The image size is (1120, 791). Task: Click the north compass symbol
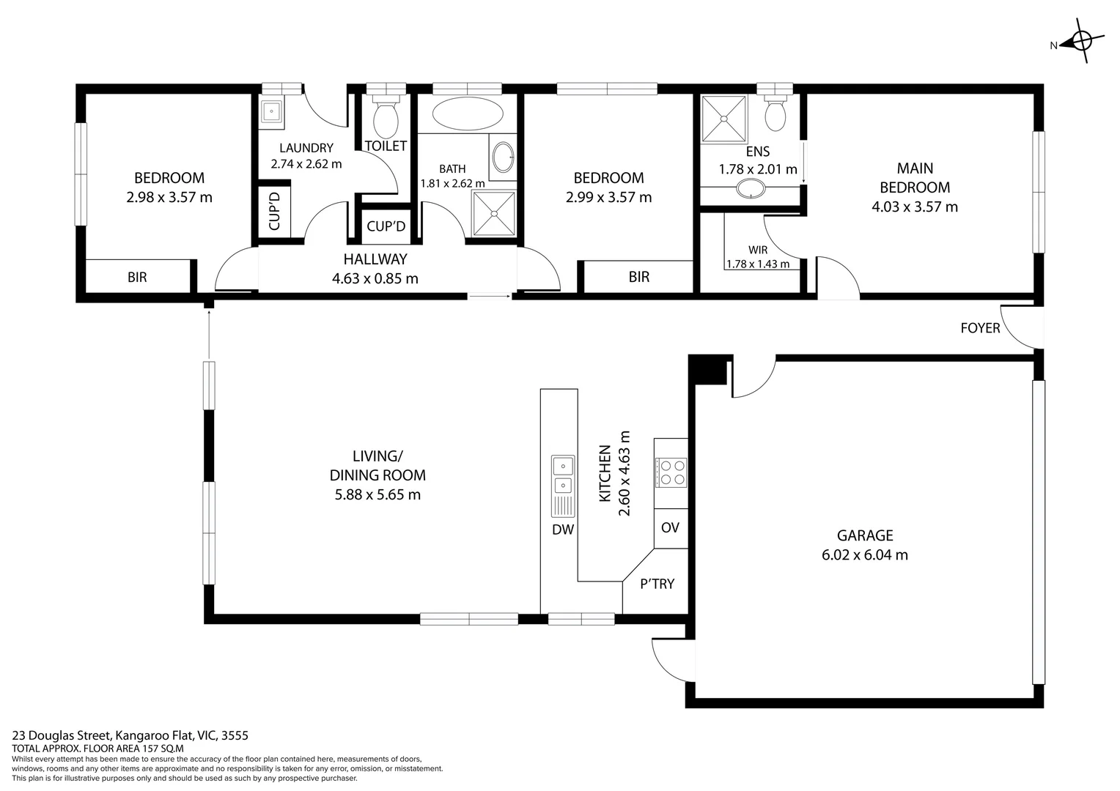pos(1081,42)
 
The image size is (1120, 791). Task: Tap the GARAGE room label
pos(865,535)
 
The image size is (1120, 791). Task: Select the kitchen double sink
pos(563,475)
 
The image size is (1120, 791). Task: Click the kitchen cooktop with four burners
pos(671,472)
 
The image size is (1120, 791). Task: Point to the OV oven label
pos(670,528)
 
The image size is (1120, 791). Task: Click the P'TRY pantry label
pos(657,584)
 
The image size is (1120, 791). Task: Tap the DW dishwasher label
pos(563,530)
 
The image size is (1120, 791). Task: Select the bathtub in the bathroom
pos(468,114)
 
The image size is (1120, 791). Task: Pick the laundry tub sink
pos(271,112)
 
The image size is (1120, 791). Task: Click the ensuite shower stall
pos(723,119)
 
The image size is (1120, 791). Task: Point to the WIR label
pos(758,250)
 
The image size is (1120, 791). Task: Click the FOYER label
pos(980,328)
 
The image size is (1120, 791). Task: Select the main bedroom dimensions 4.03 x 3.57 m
pos(914,207)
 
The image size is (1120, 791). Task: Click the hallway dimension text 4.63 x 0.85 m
pos(375,278)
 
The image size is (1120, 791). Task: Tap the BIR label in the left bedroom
pos(137,277)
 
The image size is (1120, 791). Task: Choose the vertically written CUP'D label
pos(275,211)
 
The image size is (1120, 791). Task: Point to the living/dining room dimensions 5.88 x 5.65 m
pos(377,494)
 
